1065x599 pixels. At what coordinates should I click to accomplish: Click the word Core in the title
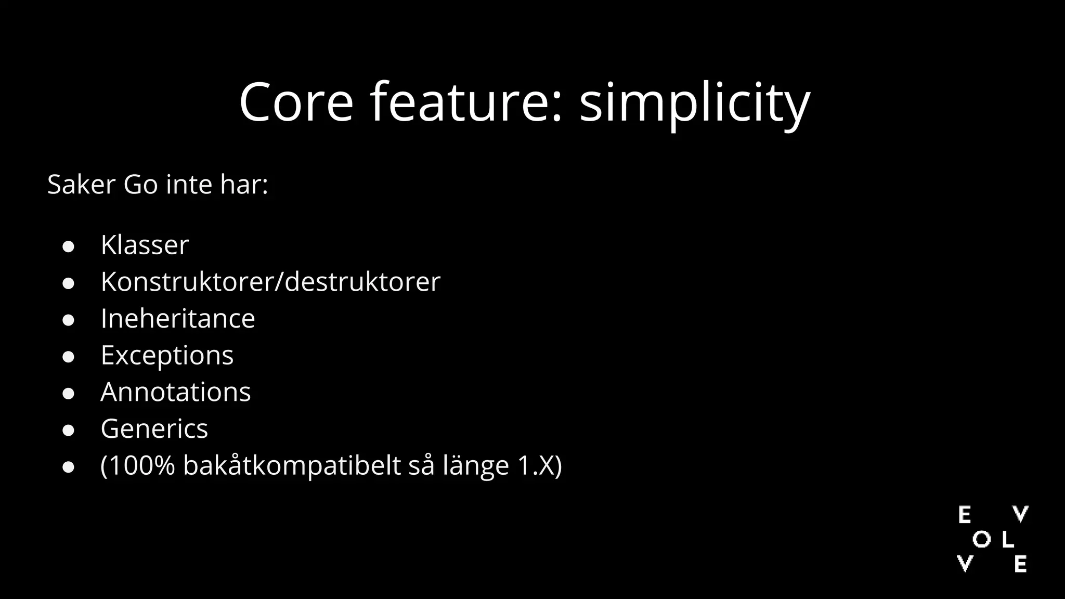(x=296, y=102)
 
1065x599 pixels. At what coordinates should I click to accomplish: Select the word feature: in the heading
(x=466, y=102)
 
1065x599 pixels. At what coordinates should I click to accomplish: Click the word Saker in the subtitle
(x=81, y=185)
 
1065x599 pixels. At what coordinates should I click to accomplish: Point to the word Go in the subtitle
(x=140, y=185)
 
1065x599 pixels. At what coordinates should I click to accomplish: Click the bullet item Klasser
(x=145, y=245)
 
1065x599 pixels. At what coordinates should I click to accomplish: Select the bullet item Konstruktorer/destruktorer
(x=270, y=282)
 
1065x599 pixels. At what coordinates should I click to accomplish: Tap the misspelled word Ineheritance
(x=178, y=318)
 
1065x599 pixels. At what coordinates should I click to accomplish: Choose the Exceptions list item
(x=167, y=355)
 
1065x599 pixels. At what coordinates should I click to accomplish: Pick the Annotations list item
(x=175, y=392)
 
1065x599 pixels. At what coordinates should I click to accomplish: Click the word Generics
(x=154, y=429)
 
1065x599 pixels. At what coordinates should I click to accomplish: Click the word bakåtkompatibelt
(x=292, y=465)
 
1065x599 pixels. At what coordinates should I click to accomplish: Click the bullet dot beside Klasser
(x=68, y=246)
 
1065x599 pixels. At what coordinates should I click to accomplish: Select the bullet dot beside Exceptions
(x=68, y=357)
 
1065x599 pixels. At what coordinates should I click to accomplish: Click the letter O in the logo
(x=981, y=540)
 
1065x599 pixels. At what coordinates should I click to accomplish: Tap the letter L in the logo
(x=1007, y=540)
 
